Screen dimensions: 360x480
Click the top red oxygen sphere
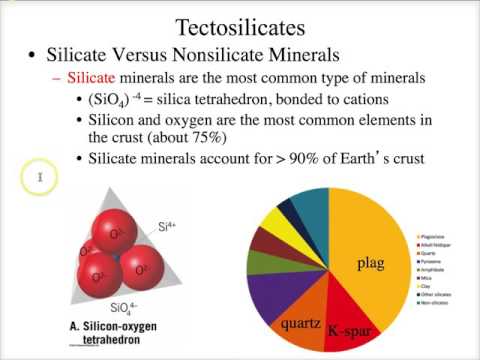(118, 234)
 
